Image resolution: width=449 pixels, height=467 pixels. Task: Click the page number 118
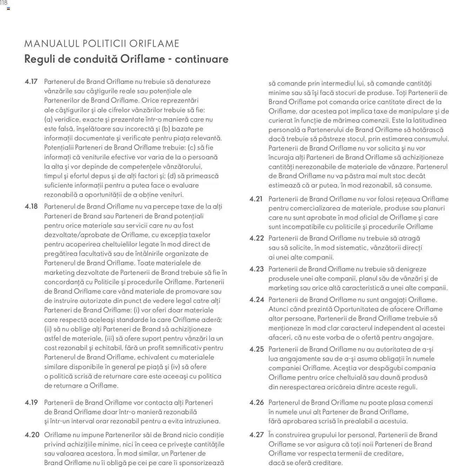pos(4,3)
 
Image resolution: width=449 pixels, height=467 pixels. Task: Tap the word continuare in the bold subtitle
pos(201,59)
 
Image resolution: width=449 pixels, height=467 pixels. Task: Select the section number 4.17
pos(31,82)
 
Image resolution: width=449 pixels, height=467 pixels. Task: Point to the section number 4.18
pos(31,207)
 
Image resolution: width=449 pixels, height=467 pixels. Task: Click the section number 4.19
pos(31,402)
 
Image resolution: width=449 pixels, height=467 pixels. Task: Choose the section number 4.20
pos(32,435)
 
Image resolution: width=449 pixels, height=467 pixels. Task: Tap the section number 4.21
pos(256,199)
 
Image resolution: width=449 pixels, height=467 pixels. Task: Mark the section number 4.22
pos(256,238)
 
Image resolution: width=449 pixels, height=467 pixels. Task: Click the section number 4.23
pos(256,269)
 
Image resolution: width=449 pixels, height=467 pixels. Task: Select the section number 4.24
pos(256,300)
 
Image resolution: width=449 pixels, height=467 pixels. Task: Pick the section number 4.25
pos(256,349)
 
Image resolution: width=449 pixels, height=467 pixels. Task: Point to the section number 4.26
pos(256,402)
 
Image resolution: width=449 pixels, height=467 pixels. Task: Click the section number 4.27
pos(256,435)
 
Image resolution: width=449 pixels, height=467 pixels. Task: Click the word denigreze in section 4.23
pos(410,269)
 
